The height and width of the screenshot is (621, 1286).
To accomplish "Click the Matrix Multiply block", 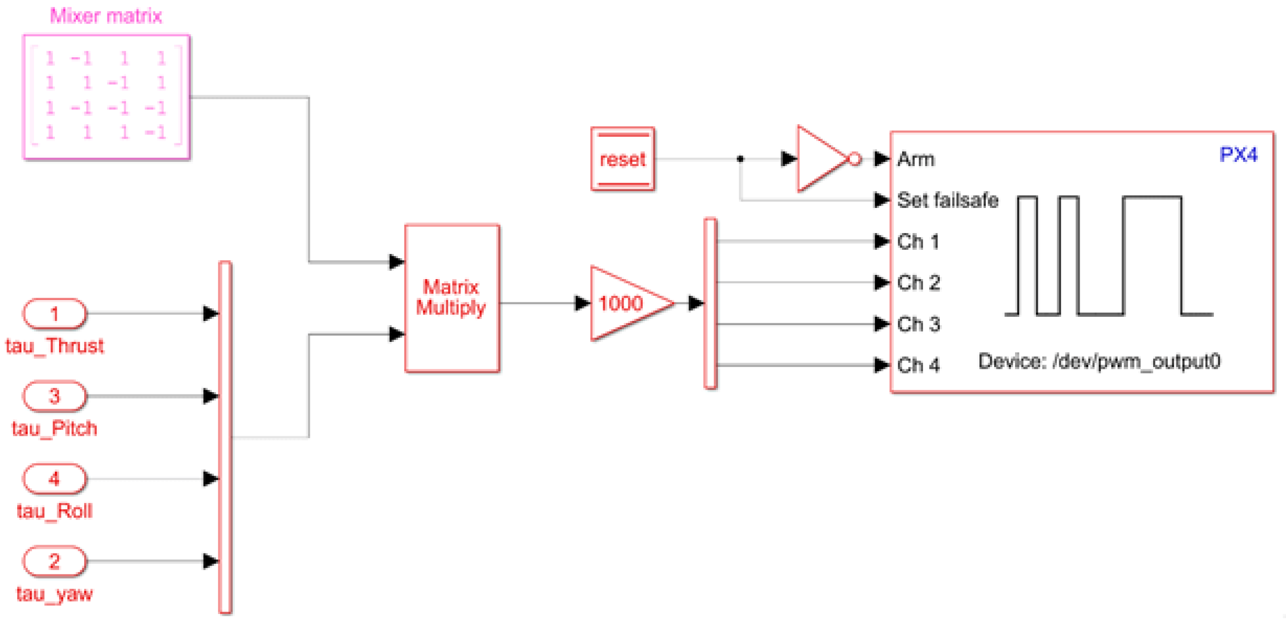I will point(452,298).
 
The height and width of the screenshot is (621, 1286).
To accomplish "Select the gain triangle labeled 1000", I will point(624,303).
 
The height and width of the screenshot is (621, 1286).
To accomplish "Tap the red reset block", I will point(622,160).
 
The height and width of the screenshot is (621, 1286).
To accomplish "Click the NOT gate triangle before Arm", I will point(821,159).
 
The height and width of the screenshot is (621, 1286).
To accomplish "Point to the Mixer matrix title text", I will point(106,16).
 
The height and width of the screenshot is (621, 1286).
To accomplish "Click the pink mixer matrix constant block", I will point(106,96).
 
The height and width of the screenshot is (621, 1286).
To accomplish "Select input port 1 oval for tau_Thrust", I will point(54,314).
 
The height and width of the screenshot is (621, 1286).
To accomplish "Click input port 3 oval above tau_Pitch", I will point(54,396).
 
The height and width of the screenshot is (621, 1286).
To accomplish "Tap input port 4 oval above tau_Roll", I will point(54,479).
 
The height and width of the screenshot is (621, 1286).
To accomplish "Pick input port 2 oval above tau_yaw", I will point(54,561).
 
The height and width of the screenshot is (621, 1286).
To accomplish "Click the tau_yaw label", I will point(54,594).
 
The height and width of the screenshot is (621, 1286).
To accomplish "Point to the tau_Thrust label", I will point(54,346).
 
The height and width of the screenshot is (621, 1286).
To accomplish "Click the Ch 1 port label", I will point(918,242).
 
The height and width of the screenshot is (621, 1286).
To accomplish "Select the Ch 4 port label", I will point(918,365).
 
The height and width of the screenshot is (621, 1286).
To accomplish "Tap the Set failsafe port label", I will point(947,200).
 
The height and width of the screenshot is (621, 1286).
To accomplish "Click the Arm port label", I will point(916,160).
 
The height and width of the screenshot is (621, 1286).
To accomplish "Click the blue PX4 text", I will point(1238,154).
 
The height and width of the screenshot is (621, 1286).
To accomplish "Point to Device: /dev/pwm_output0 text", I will point(1099,361).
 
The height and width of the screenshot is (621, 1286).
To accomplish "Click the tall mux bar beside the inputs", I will point(225,437).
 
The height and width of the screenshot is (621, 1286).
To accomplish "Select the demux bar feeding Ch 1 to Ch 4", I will point(710,303).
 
